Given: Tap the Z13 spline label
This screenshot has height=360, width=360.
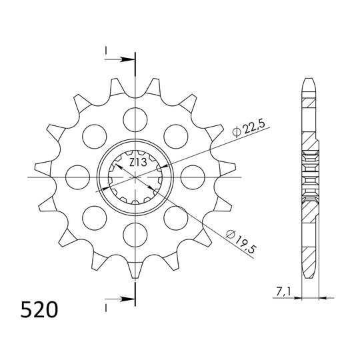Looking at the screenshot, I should pos(138,162).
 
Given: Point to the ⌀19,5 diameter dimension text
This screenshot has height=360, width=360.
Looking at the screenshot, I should pos(239,239).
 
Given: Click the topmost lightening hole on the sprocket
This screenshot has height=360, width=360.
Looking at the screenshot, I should pos(135,119).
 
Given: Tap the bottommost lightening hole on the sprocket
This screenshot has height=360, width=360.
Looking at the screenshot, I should pos(135,235).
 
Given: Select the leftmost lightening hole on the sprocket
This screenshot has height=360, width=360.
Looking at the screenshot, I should pos(78,177).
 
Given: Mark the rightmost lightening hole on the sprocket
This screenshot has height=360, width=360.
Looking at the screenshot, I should pos(192,177).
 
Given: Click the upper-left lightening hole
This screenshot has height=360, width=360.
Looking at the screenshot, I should pos(95,136).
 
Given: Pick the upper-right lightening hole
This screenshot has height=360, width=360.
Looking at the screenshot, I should pos(175,136).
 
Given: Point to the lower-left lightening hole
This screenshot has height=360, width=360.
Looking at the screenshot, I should pos(95,218).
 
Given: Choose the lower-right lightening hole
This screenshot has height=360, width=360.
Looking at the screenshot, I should pos(175,218).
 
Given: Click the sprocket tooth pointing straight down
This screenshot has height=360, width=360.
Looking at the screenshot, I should pos(135,272).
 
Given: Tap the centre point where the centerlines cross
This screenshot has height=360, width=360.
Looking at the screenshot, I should pos(135,177).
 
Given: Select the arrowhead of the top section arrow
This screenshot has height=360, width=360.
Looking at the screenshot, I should pos(130,59).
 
